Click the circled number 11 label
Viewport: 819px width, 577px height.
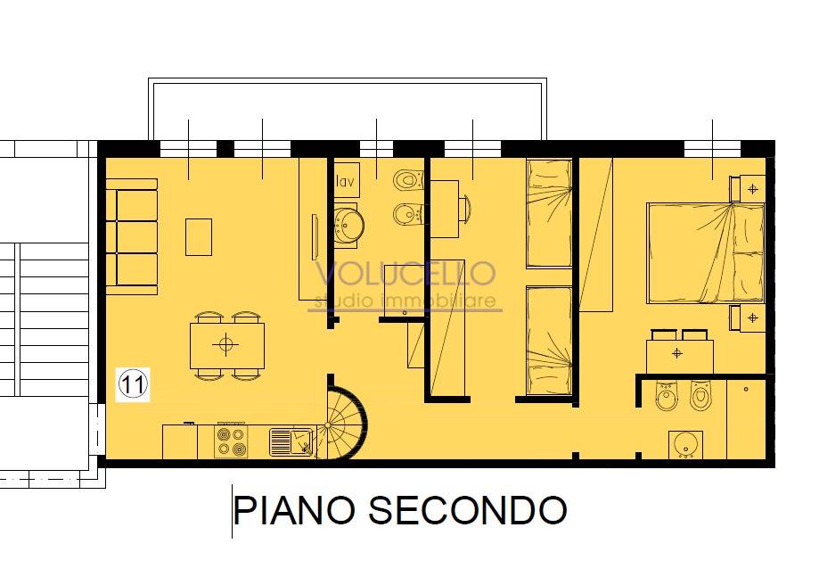pos(133,384)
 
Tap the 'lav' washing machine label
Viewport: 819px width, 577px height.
pos(345,182)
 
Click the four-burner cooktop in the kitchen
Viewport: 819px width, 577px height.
pos(231,441)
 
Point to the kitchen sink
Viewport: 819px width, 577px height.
pos(292,441)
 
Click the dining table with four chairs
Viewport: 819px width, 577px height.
pos(226,345)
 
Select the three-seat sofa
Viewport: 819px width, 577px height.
pos(132,236)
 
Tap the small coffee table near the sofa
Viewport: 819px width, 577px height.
pos(199,236)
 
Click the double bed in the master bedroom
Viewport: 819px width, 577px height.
pos(705,253)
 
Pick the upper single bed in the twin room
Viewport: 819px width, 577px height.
pos(550,213)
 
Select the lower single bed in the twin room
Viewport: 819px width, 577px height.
pos(550,341)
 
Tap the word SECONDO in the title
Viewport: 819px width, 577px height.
pos(468,510)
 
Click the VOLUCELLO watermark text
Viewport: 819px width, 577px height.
pos(405,274)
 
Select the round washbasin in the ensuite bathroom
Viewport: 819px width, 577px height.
pos(685,445)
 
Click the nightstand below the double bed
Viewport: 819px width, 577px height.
pos(748,317)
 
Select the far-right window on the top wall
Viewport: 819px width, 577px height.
pos(712,149)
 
